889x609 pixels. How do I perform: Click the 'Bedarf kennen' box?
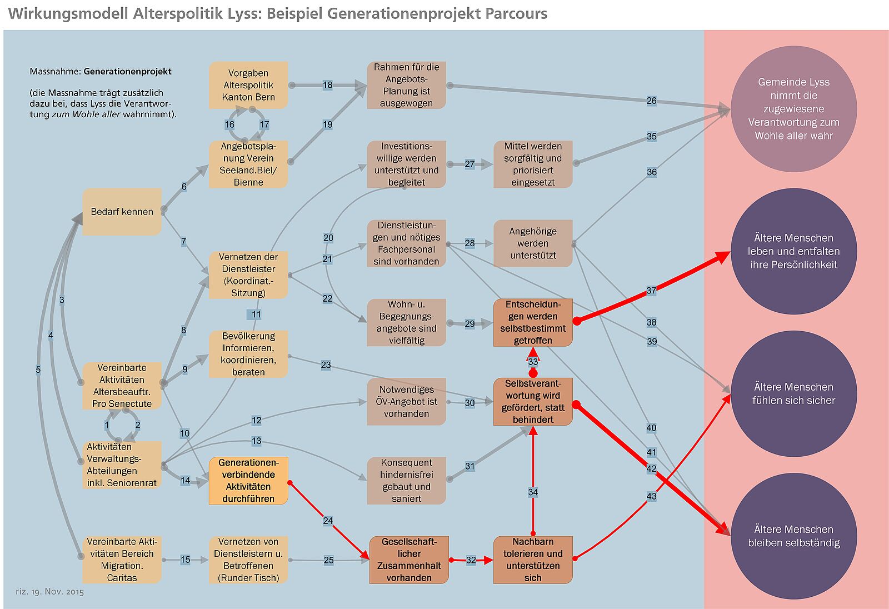pyautogui.click(x=122, y=212)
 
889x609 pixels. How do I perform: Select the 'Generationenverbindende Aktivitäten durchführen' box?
pyautogui.click(x=248, y=481)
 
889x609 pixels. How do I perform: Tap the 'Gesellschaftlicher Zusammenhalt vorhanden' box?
pyautogui.click(x=409, y=560)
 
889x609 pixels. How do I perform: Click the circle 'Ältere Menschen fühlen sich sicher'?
pyautogui.click(x=793, y=393)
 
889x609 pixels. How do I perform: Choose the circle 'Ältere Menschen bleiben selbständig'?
pyautogui.click(x=793, y=536)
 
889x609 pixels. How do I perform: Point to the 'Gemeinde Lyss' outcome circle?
pyautogui.click(x=793, y=109)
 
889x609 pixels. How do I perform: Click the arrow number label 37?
pyautogui.click(x=651, y=291)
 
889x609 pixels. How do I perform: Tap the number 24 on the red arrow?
pyautogui.click(x=328, y=521)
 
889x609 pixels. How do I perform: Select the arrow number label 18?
pyautogui.click(x=327, y=85)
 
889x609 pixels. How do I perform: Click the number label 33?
pyautogui.click(x=533, y=362)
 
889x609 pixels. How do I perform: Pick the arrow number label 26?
pyautogui.click(x=651, y=101)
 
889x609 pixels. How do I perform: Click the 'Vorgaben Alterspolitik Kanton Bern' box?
pyautogui.click(x=248, y=85)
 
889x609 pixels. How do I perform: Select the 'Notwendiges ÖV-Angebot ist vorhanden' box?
pyautogui.click(x=406, y=402)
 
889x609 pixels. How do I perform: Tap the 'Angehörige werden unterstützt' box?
pyautogui.click(x=533, y=243)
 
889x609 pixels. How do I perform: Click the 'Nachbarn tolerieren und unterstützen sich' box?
pyautogui.click(x=533, y=560)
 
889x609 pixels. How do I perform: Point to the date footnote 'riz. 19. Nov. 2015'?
pyautogui.click(x=49, y=592)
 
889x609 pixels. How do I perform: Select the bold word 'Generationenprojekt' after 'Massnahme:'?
pyautogui.click(x=128, y=72)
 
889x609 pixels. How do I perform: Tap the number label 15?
pyautogui.click(x=185, y=560)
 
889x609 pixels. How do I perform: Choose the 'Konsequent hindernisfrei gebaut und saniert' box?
pyautogui.click(x=406, y=481)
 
